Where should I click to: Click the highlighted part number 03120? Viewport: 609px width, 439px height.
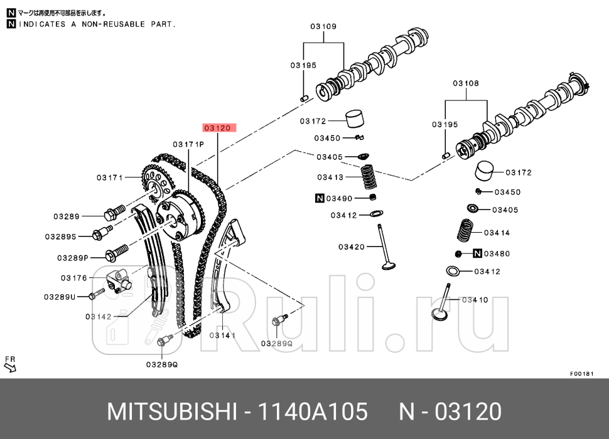[219, 127]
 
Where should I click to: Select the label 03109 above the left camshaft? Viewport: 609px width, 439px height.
[323, 26]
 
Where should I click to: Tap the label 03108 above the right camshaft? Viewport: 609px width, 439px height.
[466, 83]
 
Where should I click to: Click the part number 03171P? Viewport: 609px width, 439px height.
[189, 144]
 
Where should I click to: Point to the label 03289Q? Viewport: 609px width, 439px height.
[162, 364]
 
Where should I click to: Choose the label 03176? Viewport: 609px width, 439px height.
[73, 278]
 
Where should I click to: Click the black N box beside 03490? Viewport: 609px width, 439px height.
[319, 199]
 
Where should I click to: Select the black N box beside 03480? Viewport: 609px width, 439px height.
[477, 254]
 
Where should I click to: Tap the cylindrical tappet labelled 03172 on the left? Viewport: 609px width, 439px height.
[356, 119]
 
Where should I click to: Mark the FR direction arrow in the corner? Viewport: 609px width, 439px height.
[10, 365]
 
